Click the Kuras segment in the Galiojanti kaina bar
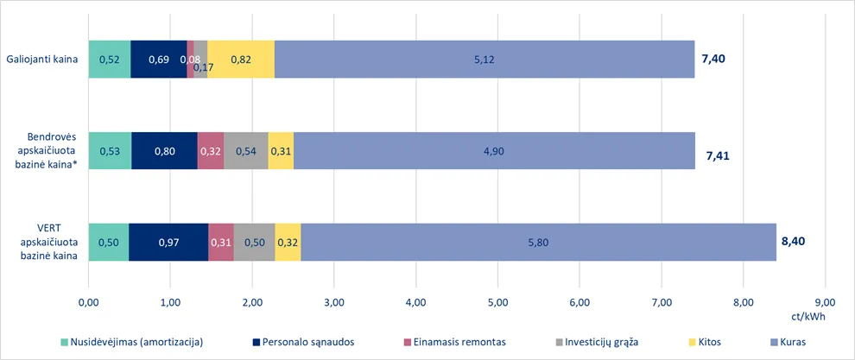[484, 60]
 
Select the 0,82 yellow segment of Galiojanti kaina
[241, 60]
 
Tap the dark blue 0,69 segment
[159, 60]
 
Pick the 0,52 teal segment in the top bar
[110, 60]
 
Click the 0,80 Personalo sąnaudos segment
[164, 151]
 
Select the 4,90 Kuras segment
[494, 151]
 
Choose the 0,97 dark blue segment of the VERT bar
[168, 242]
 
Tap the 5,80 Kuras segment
[538, 242]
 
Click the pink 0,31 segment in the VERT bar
[221, 242]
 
